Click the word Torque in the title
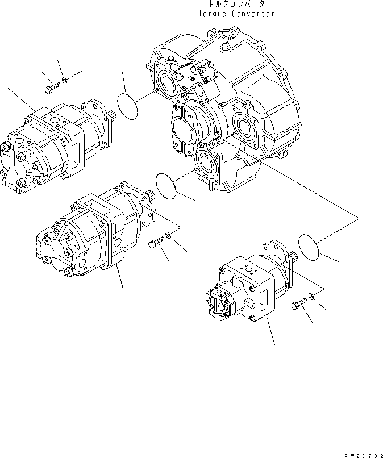[x=214, y=14]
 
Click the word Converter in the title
[x=253, y=14]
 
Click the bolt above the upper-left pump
[x=51, y=89]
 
